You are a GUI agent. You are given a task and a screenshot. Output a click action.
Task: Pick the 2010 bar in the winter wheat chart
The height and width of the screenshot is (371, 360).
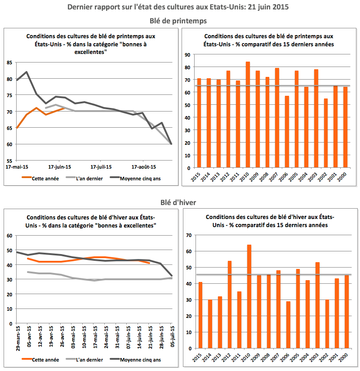pos(249,296)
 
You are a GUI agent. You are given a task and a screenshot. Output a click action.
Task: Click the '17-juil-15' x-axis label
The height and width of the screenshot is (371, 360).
pos(101,166)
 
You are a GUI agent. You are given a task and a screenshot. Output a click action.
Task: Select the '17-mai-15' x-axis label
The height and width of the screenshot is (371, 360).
pos(16,166)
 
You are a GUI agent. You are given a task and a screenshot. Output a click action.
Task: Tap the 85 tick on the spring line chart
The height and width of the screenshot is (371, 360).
pos(9,63)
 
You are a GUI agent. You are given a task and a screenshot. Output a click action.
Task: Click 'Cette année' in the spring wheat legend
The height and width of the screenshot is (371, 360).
pos(45,178)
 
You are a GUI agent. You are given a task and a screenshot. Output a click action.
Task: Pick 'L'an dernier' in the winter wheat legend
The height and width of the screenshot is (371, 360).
pos(88,360)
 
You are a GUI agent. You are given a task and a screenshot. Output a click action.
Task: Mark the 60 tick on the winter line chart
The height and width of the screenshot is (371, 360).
pos(9,236)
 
